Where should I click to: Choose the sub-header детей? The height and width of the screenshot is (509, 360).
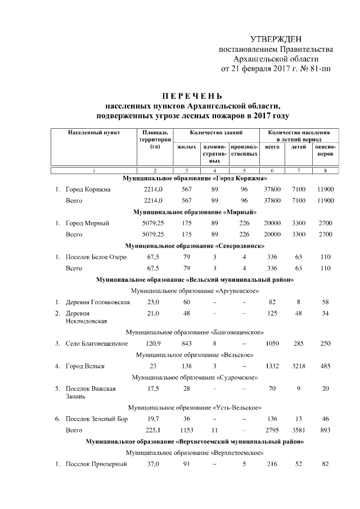point(299,146)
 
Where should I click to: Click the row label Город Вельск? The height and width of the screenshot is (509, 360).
point(85,366)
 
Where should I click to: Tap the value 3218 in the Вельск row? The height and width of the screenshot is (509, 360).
point(299,366)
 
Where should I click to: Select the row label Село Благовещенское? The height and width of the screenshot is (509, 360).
point(96,343)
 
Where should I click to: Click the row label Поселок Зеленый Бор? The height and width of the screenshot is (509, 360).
point(97,419)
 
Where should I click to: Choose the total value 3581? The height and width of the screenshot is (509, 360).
point(299,430)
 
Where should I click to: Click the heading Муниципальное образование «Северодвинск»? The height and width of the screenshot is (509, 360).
point(195,246)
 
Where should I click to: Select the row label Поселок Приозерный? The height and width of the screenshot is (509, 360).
point(96,464)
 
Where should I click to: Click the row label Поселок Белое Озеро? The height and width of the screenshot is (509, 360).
point(96,257)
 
